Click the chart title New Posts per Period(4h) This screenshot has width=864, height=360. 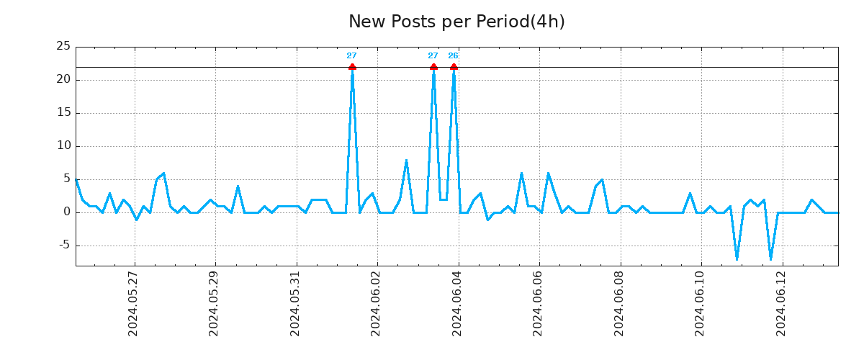[456, 22]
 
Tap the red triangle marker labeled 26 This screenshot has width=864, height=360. [454, 67]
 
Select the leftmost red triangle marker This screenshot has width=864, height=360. [352, 67]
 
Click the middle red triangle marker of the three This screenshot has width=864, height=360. [433, 67]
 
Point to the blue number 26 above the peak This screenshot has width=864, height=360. [453, 55]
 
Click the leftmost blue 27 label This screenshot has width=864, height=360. [351, 55]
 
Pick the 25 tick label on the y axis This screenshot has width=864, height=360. [63, 46]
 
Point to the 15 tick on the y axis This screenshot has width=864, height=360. [63, 112]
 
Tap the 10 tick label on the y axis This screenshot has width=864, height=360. [63, 145]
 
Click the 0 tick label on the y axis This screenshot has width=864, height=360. [66, 212]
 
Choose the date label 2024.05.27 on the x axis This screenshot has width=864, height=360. [133, 304]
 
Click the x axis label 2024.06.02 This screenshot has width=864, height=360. [377, 304]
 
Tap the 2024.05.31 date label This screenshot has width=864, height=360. [295, 304]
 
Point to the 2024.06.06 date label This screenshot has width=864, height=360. [539, 304]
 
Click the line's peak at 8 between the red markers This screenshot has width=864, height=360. [406, 161]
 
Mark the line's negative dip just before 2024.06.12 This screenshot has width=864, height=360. [770, 258]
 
